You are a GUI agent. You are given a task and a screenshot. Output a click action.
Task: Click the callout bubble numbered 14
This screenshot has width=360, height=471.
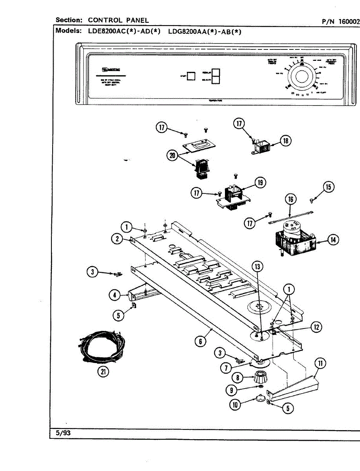point(333,239)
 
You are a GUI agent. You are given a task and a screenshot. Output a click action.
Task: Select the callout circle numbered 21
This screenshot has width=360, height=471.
point(103,372)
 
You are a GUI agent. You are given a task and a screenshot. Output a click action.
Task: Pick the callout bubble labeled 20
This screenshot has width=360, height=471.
point(172,156)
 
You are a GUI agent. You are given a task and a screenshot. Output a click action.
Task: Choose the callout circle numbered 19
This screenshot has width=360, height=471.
point(260,183)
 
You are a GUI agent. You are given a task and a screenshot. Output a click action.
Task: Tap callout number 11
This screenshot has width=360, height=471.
point(320,363)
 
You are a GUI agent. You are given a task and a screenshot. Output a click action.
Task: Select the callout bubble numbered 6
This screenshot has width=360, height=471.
point(200,341)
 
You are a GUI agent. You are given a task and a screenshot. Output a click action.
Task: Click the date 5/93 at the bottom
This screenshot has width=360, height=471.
point(63,434)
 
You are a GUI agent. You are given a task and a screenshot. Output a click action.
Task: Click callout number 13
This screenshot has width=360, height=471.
point(257,267)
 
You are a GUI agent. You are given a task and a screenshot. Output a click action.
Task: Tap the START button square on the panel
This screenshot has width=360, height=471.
point(191,76)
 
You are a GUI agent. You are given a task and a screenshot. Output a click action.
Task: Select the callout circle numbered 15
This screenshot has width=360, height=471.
point(329,187)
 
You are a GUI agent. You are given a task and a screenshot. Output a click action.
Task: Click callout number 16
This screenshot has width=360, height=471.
point(291,199)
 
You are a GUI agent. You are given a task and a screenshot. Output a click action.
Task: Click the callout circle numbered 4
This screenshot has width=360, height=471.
point(115,295)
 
